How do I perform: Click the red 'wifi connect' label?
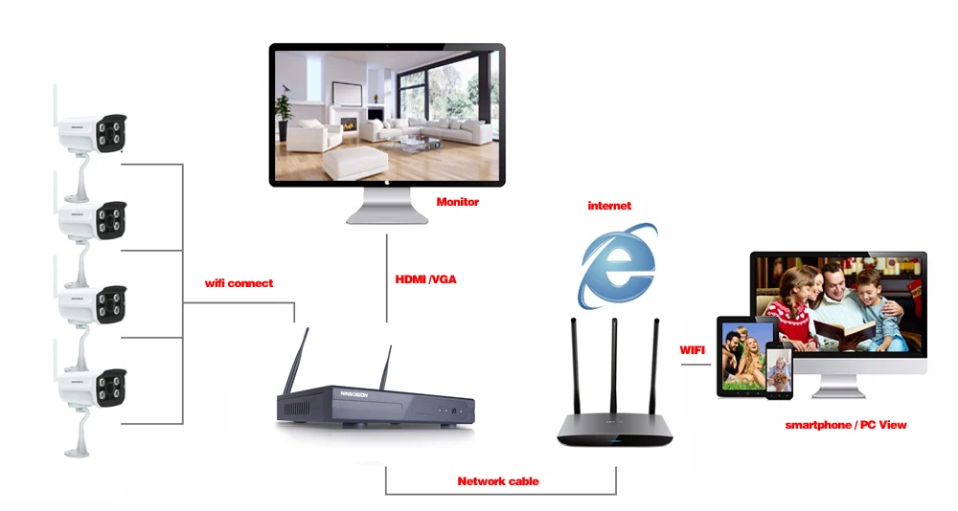pos(239,283)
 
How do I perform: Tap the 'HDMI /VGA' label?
pos(425,279)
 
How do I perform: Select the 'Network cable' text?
pos(497,481)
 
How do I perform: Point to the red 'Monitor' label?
pos(457,202)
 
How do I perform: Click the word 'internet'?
pos(609,206)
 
